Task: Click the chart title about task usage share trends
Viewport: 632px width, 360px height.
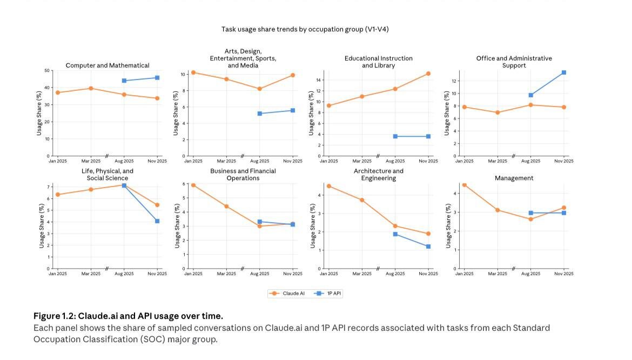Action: click(305, 29)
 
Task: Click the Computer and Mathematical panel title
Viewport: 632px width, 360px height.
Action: click(107, 65)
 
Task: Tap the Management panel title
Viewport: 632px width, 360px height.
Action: click(514, 178)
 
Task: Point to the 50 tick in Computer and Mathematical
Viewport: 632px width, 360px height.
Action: click(47, 71)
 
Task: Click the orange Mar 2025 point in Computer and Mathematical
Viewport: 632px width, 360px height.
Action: click(91, 88)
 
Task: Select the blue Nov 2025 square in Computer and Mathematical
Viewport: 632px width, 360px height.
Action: click(157, 78)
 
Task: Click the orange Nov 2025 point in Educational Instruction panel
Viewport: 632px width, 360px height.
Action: click(428, 74)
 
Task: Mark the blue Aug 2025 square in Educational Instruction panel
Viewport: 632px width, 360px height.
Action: click(395, 136)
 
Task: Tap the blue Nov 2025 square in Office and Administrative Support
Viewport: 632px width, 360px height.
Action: click(563, 72)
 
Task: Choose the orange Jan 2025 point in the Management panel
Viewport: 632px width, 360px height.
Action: click(464, 185)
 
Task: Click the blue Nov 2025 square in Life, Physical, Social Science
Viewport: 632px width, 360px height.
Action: click(157, 221)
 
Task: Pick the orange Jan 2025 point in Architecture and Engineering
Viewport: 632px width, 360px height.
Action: click(329, 186)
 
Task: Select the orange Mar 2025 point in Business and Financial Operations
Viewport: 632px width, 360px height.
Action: click(226, 206)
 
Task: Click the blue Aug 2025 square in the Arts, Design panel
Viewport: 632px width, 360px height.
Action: click(260, 114)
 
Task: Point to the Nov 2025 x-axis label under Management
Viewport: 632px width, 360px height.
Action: click(563, 274)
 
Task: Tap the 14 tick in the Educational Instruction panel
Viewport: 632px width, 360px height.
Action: click(319, 80)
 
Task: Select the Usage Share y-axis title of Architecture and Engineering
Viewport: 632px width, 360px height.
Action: click(312, 226)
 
